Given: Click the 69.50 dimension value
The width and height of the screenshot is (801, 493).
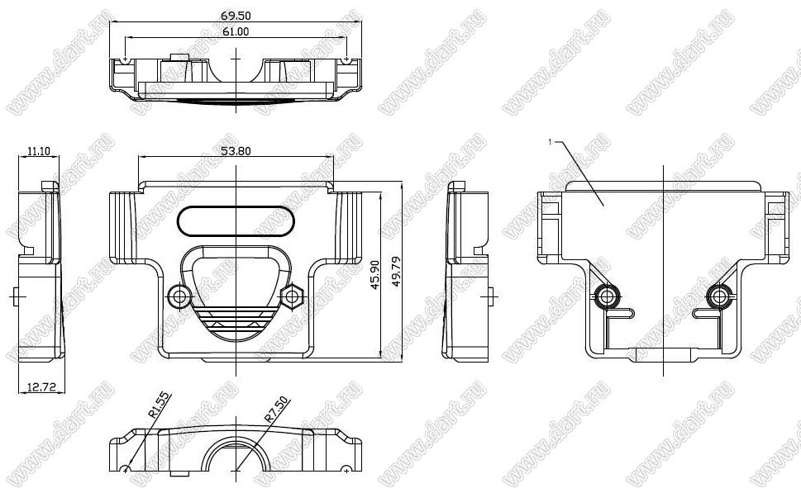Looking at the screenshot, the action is click(236, 16).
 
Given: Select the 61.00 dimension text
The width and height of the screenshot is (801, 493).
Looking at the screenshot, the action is click(236, 31).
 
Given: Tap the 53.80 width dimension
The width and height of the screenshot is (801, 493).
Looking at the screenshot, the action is click(236, 151).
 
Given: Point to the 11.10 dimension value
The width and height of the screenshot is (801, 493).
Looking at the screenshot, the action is click(39, 151).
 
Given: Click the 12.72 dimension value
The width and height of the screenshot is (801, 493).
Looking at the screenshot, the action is click(41, 387).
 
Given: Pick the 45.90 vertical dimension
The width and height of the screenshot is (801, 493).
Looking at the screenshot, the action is click(375, 275).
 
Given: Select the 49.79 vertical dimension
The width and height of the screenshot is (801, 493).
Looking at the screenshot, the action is click(396, 272).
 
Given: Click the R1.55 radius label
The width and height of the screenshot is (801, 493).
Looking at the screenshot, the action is click(160, 406).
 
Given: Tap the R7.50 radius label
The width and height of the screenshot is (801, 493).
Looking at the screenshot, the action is click(276, 410).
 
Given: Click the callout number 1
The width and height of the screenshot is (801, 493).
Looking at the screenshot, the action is click(550, 142).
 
